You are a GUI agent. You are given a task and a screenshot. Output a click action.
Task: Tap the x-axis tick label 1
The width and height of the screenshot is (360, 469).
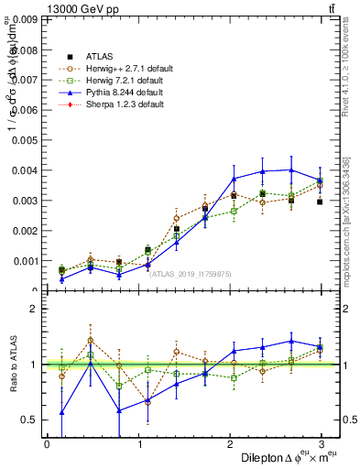coord(139,443)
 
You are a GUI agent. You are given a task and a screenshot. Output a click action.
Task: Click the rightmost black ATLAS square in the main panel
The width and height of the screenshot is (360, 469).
coord(320,202)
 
